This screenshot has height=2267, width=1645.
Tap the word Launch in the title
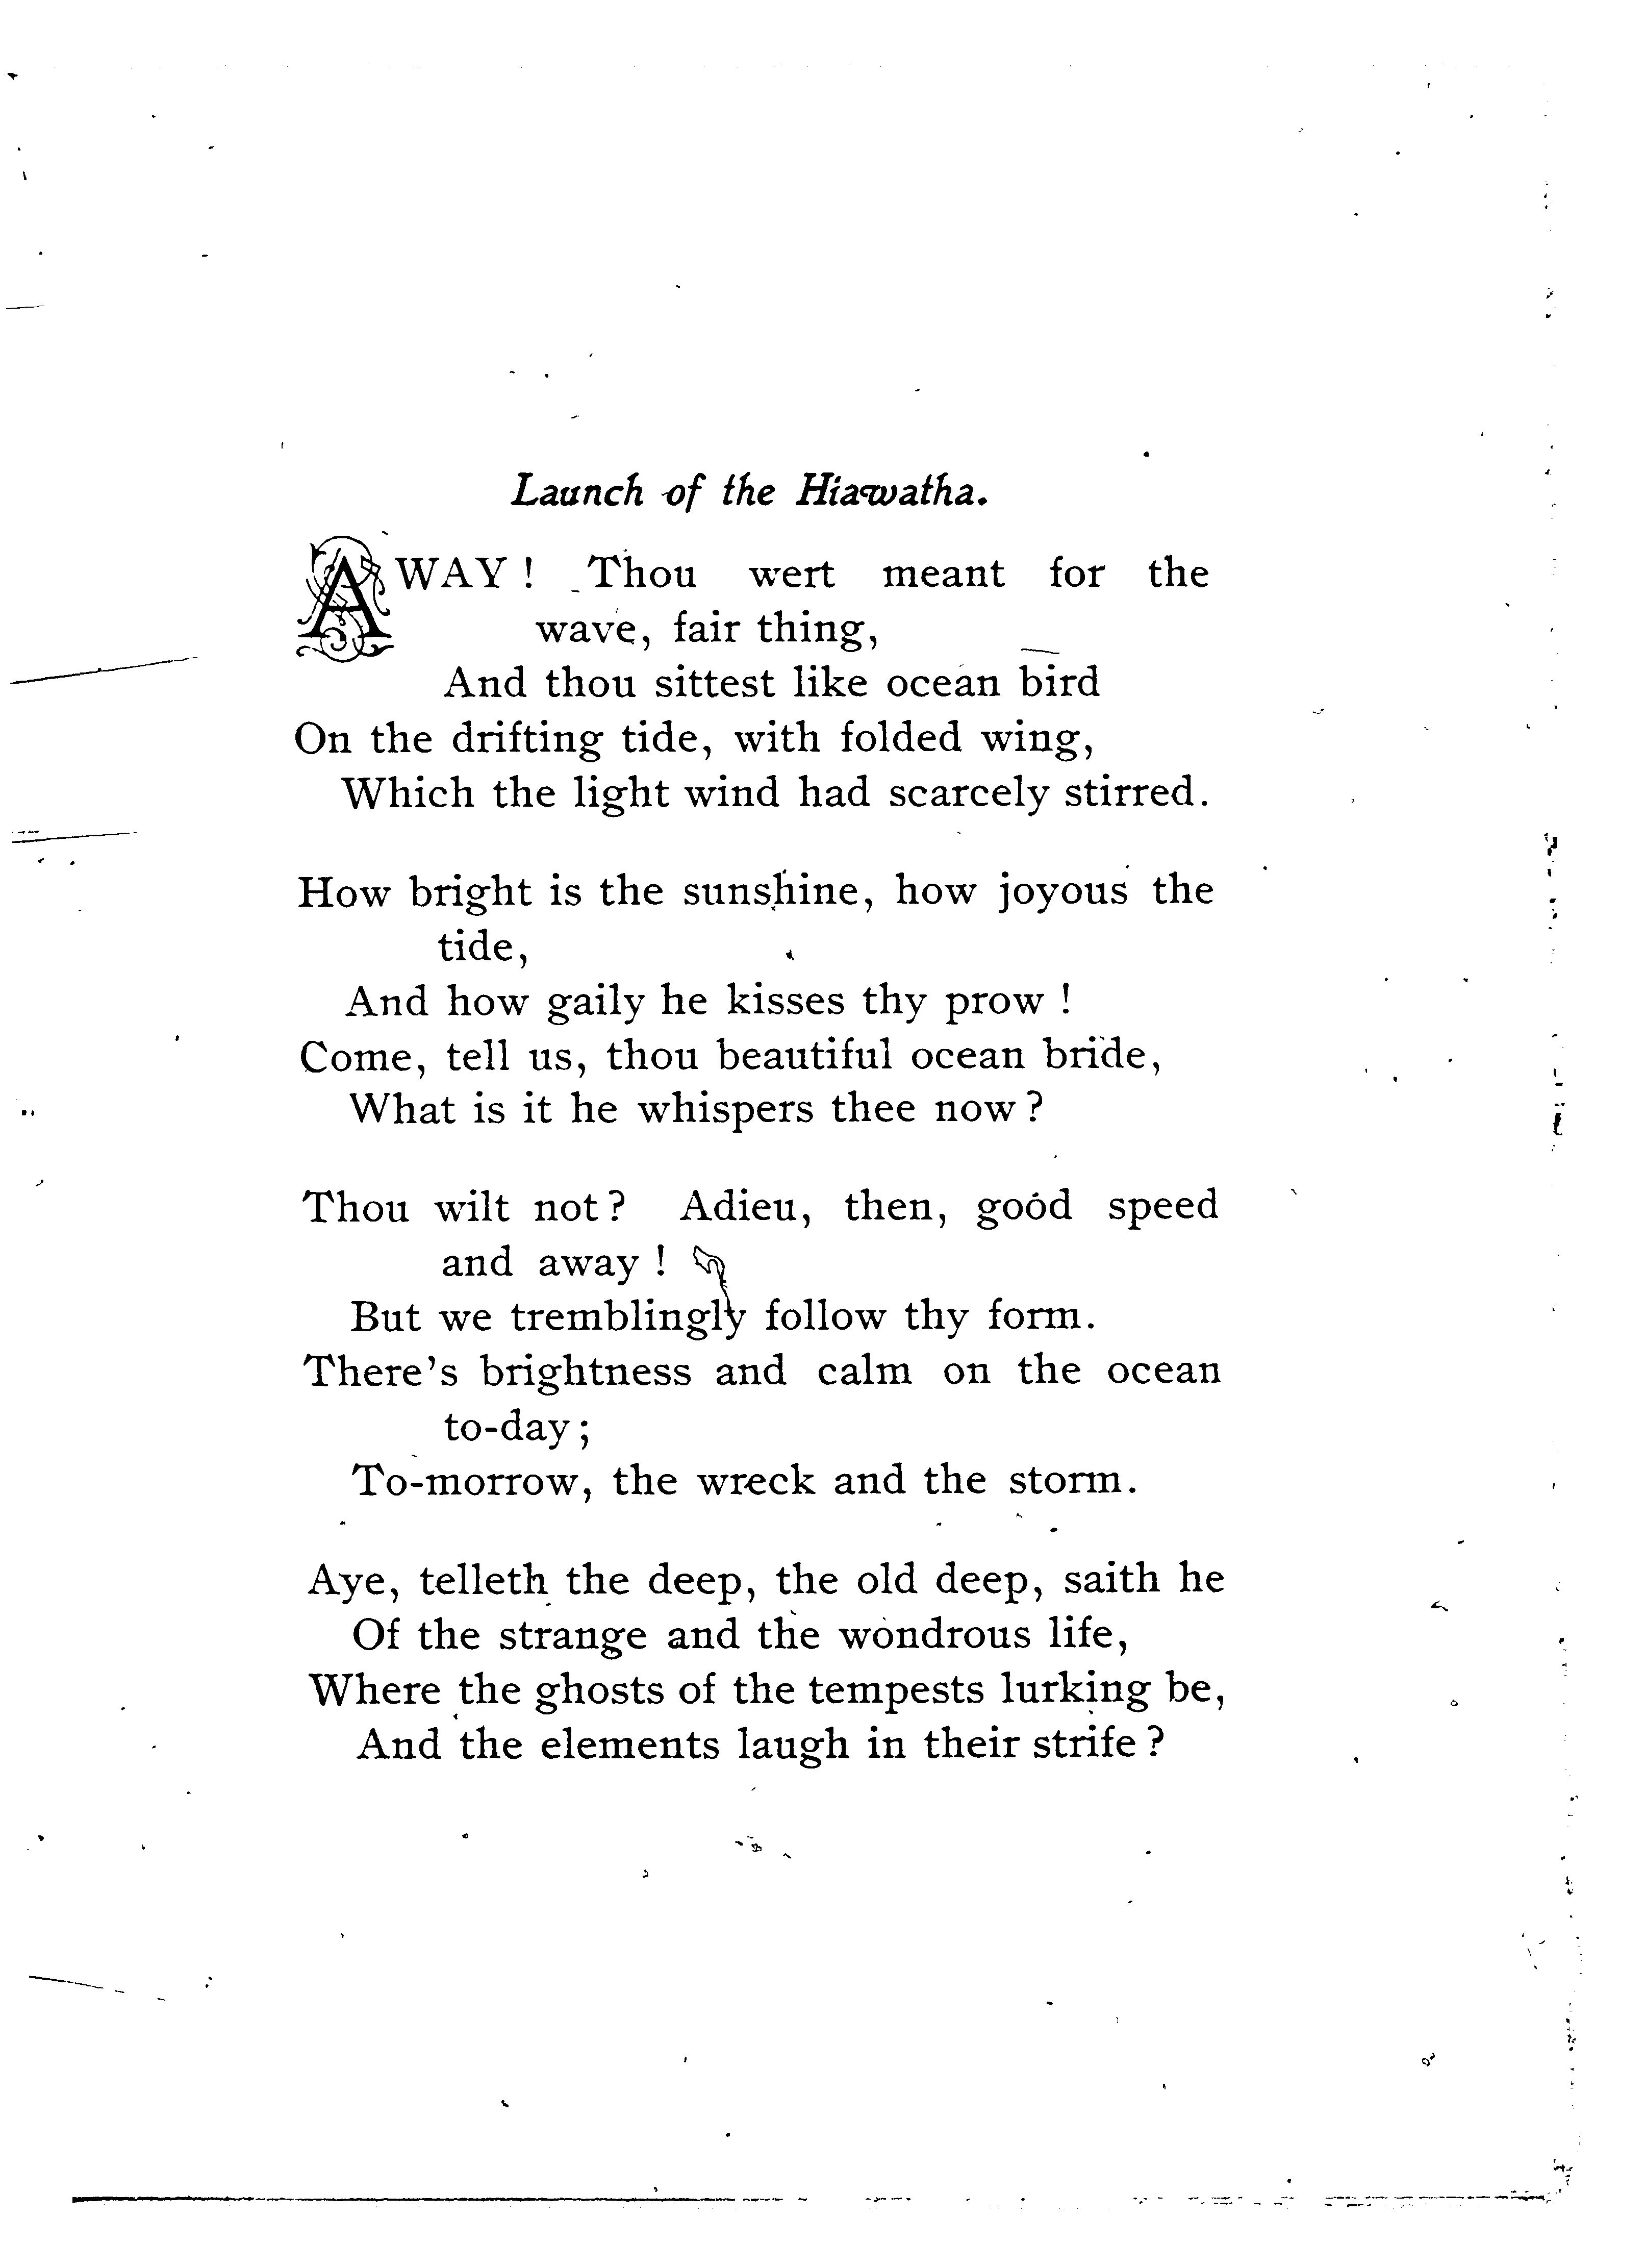click(x=577, y=492)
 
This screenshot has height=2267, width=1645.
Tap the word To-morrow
click(x=468, y=1480)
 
